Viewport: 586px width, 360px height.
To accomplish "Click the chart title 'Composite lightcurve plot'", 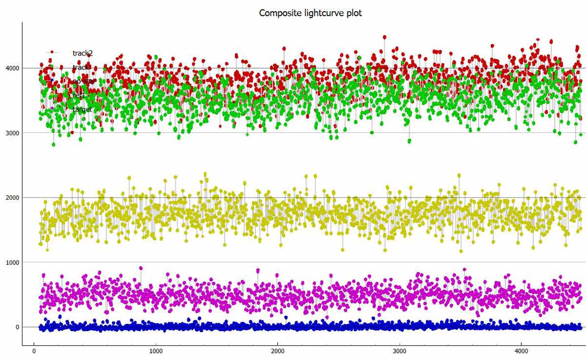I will point(310,13).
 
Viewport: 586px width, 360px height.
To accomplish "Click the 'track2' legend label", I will point(82,52).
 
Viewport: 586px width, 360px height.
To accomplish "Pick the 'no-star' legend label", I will point(83,81).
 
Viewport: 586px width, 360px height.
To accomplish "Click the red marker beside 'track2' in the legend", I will point(52,52).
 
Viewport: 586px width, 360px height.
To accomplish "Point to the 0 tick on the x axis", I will point(34,351).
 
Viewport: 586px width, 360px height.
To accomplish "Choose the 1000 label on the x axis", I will point(156,351).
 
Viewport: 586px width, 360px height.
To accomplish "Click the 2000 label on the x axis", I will point(278,351).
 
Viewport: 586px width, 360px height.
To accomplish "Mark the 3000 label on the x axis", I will point(400,351).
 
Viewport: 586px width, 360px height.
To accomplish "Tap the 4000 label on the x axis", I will point(521,351).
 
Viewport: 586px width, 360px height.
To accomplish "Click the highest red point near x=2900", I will point(385,37).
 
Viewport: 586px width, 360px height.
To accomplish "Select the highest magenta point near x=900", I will point(141,268).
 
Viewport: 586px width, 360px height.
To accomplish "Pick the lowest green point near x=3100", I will point(409,141).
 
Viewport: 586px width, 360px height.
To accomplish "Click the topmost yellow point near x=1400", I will point(205,174).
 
